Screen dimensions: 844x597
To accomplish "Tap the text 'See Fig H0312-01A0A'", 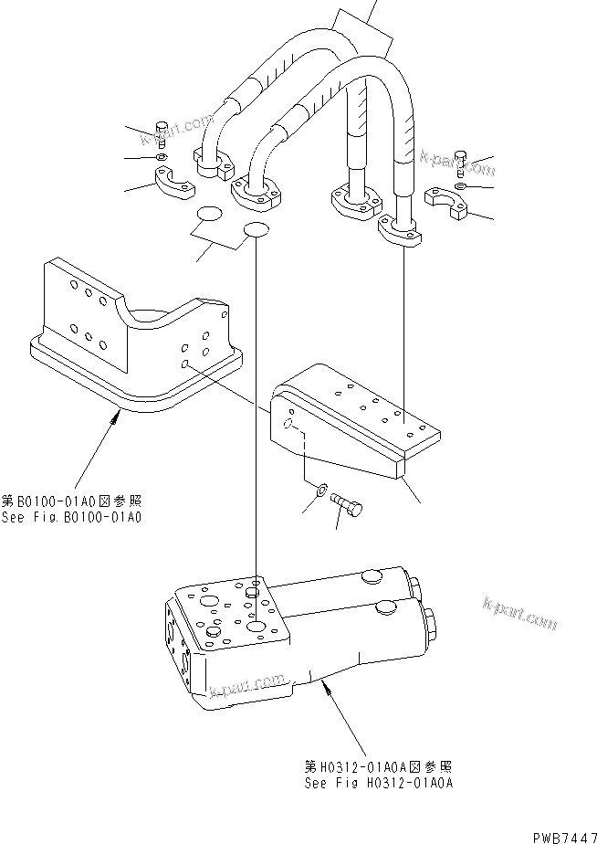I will [x=379, y=783].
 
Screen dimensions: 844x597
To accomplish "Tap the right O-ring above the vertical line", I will [x=257, y=231].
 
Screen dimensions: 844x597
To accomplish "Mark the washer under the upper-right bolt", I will [x=460, y=186].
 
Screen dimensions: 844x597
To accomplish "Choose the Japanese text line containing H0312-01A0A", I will [x=379, y=767].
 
